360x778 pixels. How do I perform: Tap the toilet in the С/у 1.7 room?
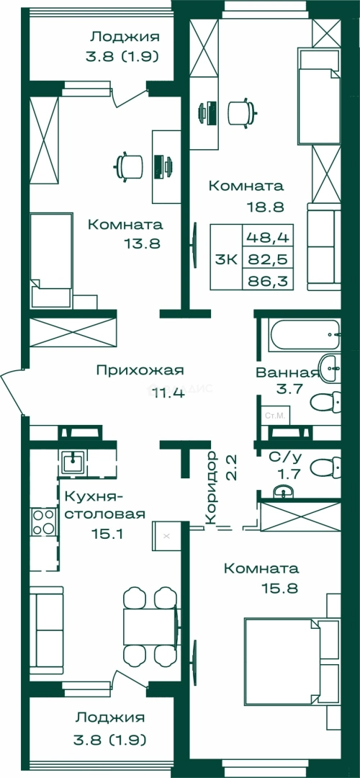pyautogui.click(x=328, y=467)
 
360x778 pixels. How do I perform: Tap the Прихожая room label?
pyautogui.click(x=140, y=370)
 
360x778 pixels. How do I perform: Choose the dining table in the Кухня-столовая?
pyautogui.click(x=149, y=626)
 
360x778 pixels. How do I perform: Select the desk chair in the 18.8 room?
pyautogui.click(x=240, y=111)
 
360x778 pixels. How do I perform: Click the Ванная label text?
pyautogui.click(x=287, y=372)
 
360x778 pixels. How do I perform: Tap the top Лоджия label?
pyautogui.click(x=125, y=36)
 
